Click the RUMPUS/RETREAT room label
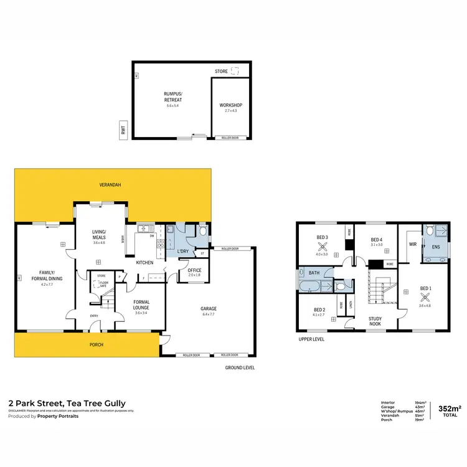tap(172, 97)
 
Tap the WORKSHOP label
tap(231, 105)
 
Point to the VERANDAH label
tap(110, 185)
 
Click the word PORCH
tap(95, 344)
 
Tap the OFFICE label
tap(194, 270)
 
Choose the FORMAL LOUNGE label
tap(141, 305)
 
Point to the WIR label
tap(412, 244)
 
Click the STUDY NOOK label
tap(375, 321)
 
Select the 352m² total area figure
tap(450, 408)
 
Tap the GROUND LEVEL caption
tap(239, 367)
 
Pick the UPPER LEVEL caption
tap(311, 339)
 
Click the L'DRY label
tap(182, 251)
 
